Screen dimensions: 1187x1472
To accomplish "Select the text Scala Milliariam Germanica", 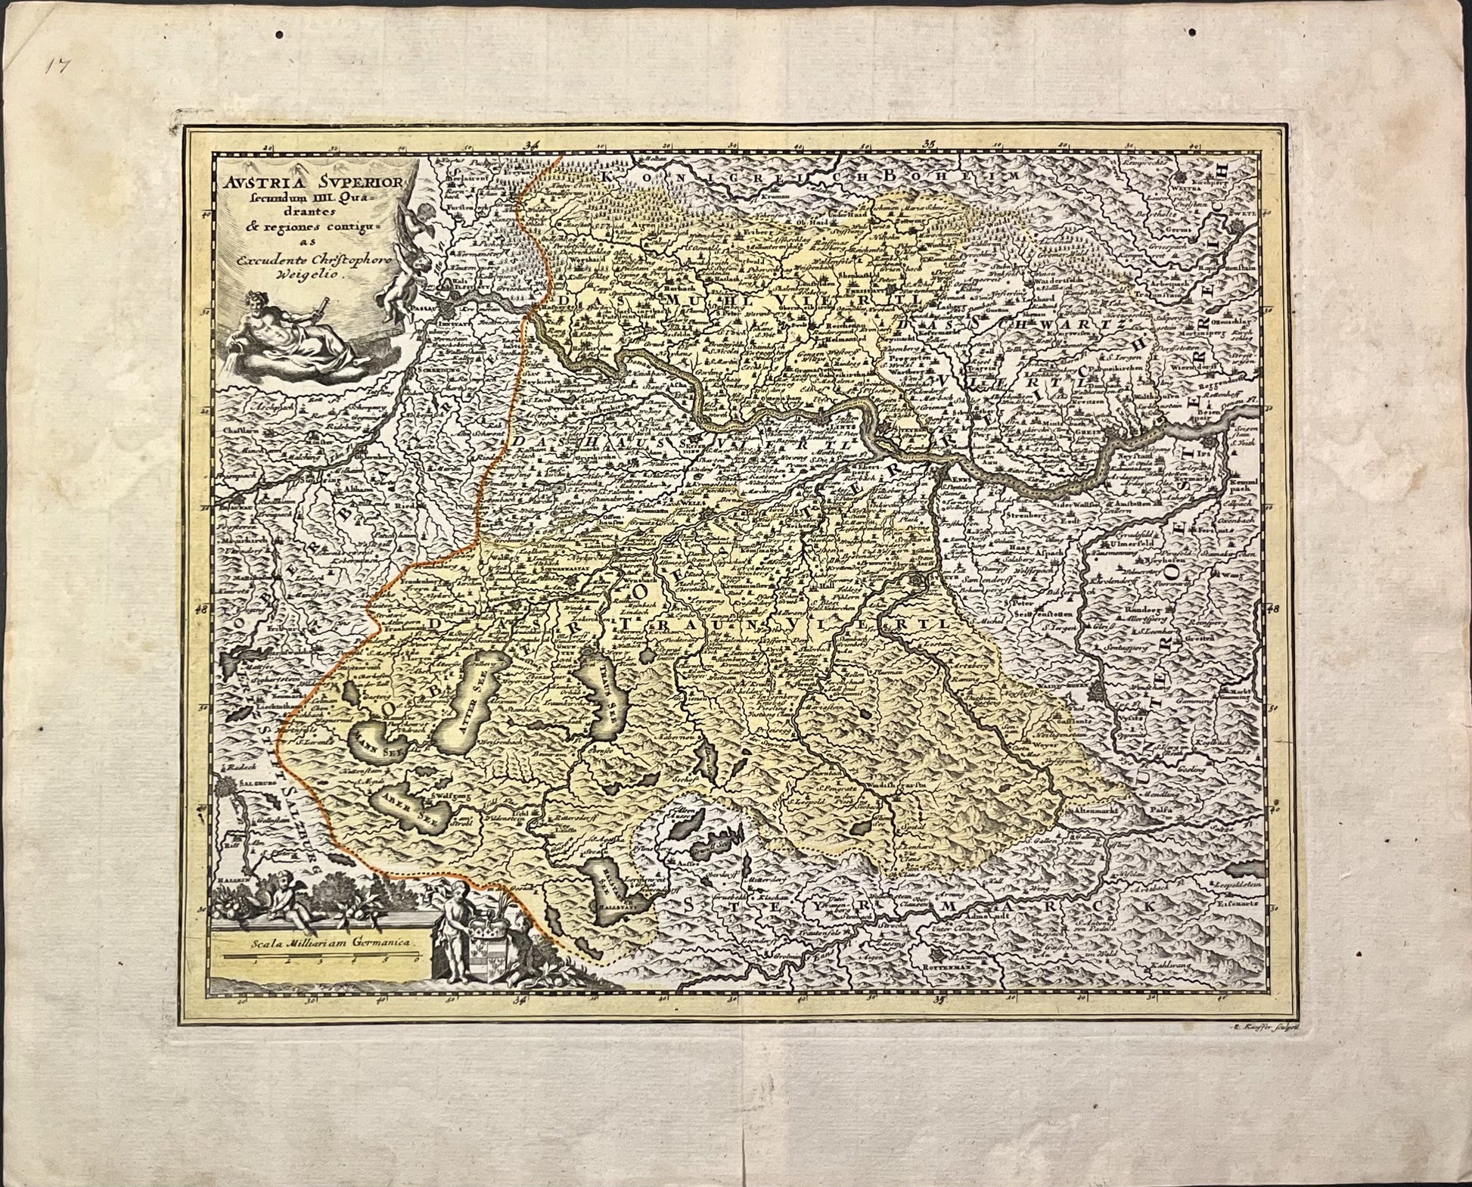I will pyautogui.click(x=321, y=943).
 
